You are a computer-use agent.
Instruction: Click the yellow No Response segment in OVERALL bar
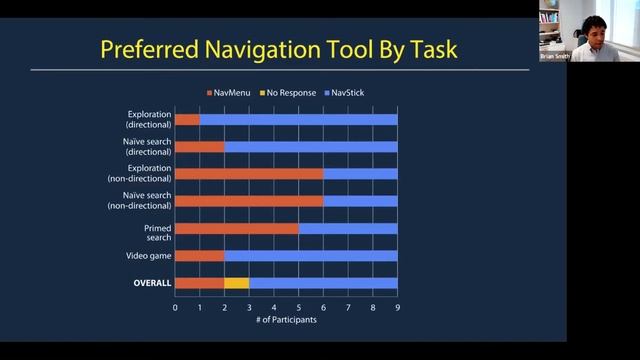[x=236, y=283]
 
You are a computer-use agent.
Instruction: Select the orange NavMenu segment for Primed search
[x=237, y=229]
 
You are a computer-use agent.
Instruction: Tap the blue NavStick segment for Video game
[x=310, y=256]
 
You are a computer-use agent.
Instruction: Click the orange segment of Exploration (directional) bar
[x=187, y=120]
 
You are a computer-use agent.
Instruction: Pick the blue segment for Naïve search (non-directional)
[x=360, y=201]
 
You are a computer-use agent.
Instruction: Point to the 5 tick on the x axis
[x=299, y=307]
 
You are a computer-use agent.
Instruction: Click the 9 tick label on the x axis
[x=398, y=307]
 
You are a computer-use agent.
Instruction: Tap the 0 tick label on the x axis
[x=175, y=307]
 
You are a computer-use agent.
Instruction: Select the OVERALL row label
[x=152, y=283]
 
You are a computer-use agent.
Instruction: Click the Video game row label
[x=150, y=256]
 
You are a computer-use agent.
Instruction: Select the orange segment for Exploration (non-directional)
[x=249, y=174]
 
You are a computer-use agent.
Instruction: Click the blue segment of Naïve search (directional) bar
[x=310, y=147]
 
